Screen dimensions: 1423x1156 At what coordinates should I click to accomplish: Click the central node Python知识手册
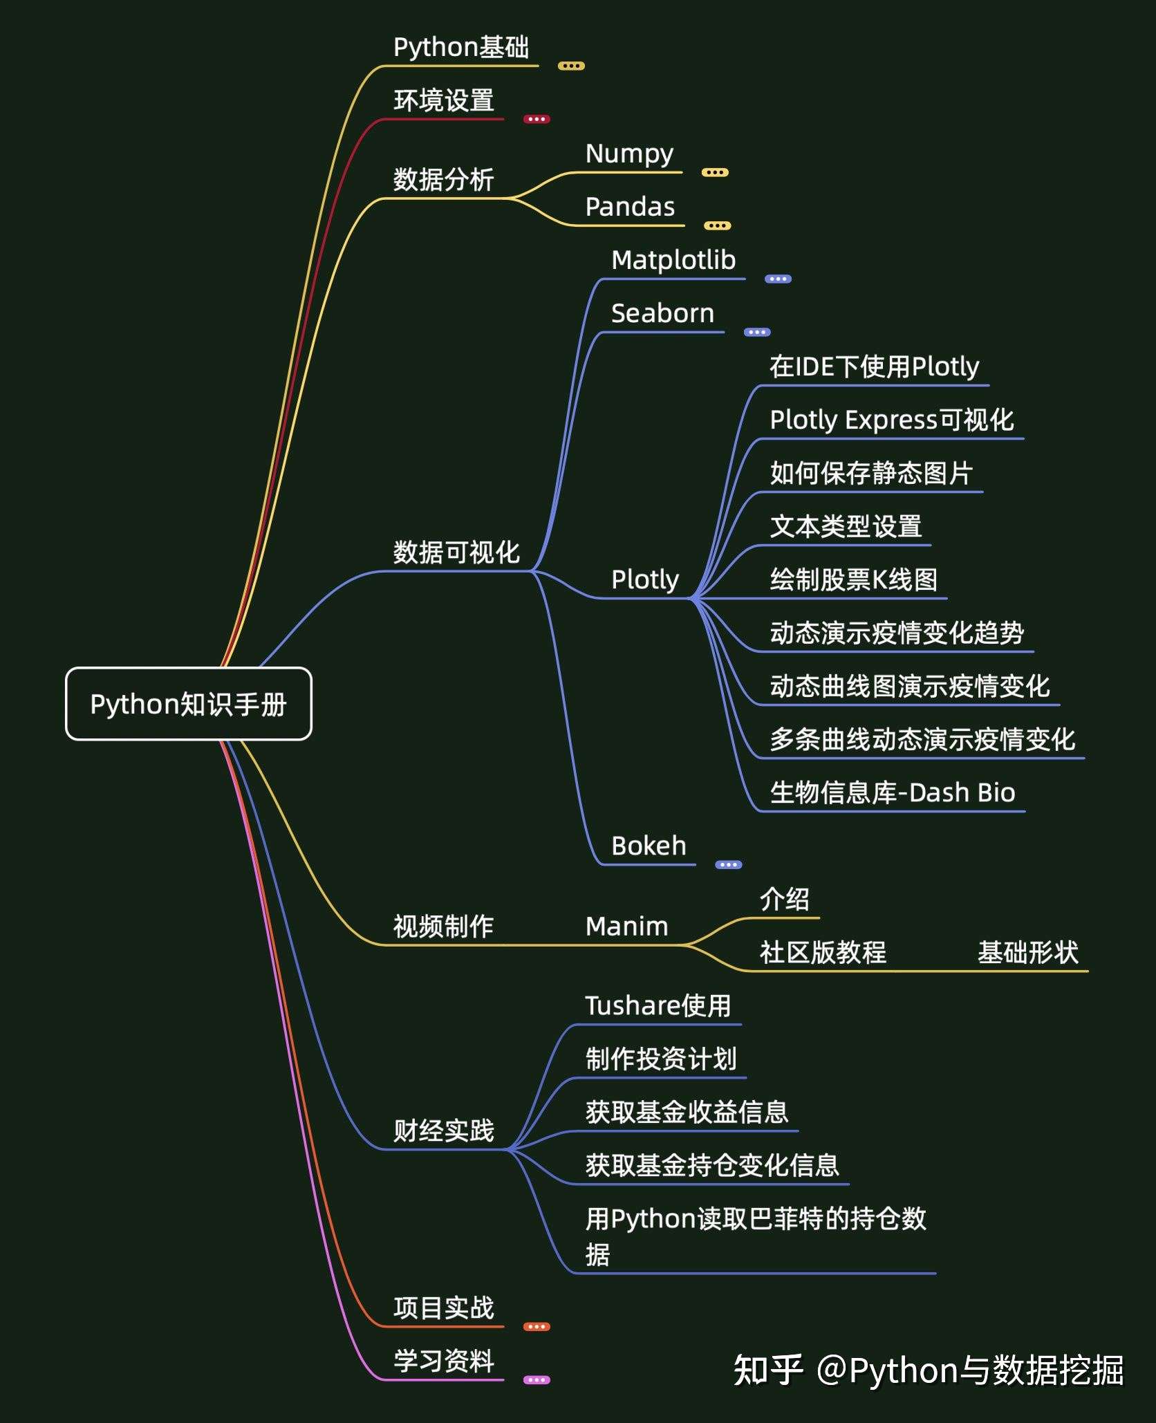[188, 704]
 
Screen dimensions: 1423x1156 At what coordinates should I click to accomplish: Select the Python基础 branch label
[461, 48]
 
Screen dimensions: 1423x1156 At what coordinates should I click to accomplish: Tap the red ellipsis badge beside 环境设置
[537, 119]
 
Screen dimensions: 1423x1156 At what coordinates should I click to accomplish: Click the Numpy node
[629, 154]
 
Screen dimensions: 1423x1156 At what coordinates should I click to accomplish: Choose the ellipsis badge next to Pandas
[717, 225]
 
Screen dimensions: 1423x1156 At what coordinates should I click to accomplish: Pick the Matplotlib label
[673, 261]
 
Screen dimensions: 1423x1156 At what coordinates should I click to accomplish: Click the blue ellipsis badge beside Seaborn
[757, 332]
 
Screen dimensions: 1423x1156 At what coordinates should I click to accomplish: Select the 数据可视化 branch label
[456, 552]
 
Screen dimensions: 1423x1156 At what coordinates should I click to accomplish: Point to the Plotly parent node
[645, 579]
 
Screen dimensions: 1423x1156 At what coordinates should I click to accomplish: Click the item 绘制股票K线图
[854, 579]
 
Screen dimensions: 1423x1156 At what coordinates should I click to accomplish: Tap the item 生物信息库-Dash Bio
[892, 792]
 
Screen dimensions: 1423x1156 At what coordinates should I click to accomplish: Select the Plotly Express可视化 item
[892, 420]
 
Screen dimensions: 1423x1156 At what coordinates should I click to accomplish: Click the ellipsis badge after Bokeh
[728, 864]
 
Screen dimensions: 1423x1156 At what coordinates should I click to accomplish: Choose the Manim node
[626, 927]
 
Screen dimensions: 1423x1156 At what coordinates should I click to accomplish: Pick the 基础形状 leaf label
[1027, 953]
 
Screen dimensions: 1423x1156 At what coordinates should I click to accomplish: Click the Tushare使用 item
[658, 1006]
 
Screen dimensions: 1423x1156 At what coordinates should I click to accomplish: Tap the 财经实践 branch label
[444, 1131]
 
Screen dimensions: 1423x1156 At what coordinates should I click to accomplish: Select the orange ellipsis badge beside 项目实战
[537, 1326]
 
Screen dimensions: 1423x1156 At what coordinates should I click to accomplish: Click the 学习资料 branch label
[444, 1361]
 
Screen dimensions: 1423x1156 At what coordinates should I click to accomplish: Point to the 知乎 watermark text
[767, 1370]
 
